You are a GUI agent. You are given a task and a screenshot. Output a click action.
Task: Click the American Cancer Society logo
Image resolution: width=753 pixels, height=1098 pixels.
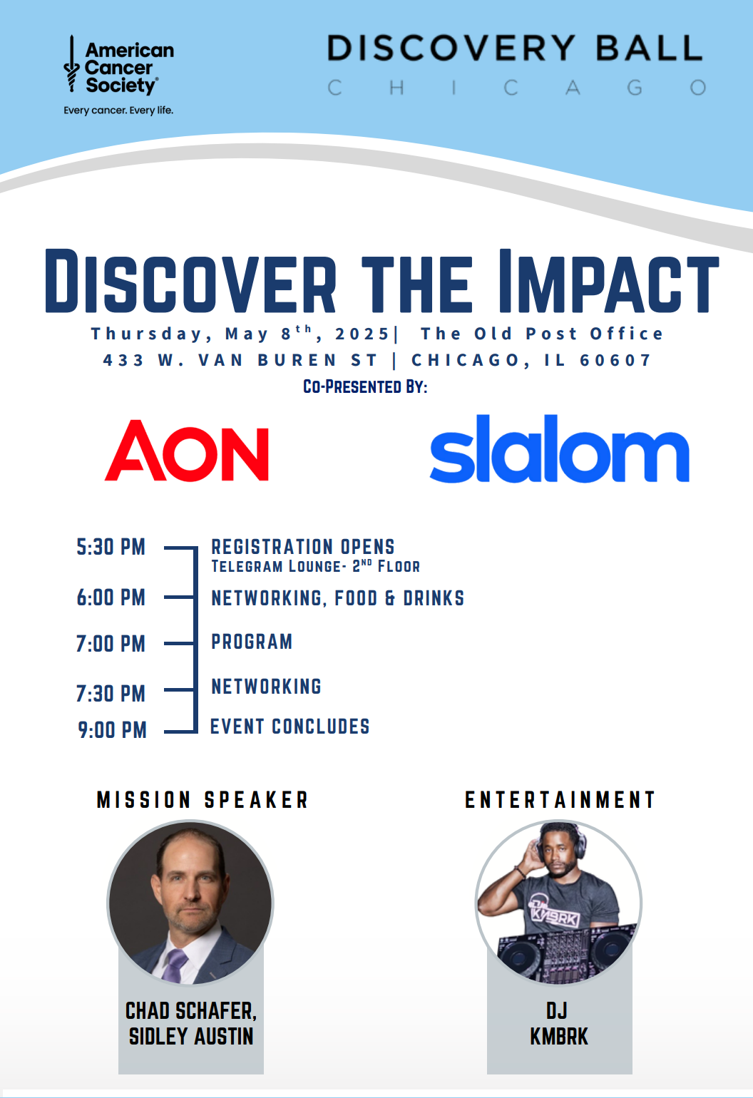coord(118,75)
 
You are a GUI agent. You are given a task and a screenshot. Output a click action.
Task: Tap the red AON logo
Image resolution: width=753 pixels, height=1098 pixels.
coord(186,450)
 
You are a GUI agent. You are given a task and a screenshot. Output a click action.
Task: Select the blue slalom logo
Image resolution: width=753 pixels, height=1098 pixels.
coord(559,448)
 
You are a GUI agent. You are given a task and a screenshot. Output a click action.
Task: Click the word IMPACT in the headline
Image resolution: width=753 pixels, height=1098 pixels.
coord(608,281)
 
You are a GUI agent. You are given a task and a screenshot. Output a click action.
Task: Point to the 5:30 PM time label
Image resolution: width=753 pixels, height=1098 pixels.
coord(111,547)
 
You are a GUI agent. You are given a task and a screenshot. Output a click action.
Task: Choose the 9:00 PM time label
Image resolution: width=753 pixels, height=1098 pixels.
coord(112,730)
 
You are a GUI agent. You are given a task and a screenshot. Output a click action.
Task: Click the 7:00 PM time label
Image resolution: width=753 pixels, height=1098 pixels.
coord(111,644)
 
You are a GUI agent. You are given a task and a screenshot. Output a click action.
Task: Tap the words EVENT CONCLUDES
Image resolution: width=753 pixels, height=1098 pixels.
coord(290,727)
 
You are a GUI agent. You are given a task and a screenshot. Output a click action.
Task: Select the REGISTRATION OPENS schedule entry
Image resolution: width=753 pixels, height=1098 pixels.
coord(303,547)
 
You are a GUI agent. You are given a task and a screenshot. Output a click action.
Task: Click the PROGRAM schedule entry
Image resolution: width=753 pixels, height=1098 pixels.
coord(252,642)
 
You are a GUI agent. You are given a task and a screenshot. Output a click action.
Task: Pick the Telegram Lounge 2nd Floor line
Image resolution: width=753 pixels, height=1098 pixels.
coord(316,566)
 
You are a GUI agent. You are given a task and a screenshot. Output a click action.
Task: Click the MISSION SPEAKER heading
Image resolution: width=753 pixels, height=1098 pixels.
coord(203,800)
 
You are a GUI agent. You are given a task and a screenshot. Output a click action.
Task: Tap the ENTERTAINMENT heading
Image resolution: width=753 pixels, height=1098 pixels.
coord(560,800)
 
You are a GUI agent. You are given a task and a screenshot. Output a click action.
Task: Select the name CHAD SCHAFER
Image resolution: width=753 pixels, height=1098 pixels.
coord(191,1011)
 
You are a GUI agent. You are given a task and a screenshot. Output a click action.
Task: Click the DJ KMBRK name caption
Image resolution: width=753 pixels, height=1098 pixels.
coord(559,1024)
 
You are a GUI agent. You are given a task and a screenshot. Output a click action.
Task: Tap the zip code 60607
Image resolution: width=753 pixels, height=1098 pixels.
coord(615,360)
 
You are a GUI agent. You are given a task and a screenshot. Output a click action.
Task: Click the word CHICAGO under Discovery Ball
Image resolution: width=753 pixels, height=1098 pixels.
coord(517,88)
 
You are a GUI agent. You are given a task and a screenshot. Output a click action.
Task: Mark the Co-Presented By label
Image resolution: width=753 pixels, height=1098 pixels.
coord(365,386)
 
